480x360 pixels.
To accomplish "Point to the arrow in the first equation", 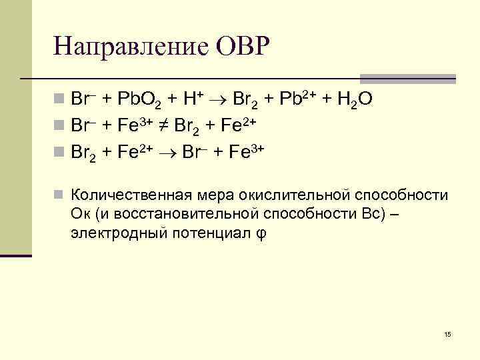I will pyautogui.click(x=220, y=100).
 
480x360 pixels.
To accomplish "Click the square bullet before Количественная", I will pyautogui.click(x=59, y=195).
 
